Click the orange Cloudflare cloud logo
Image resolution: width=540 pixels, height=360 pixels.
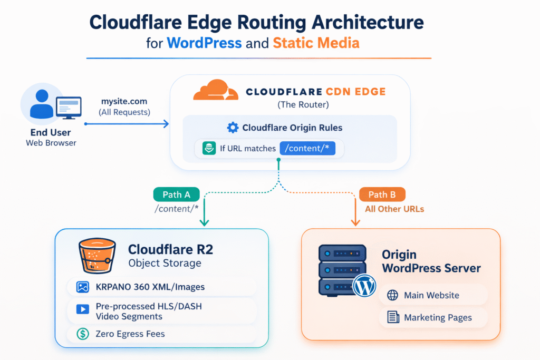point(216,90)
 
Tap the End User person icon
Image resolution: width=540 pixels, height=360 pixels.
point(42,104)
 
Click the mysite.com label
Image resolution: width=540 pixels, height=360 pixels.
point(124,101)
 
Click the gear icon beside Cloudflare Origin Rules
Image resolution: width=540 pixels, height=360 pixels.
point(232,128)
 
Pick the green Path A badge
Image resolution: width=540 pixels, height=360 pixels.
point(176,194)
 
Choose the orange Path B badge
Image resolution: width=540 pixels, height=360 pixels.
point(382,194)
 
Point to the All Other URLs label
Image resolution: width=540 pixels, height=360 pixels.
point(394,209)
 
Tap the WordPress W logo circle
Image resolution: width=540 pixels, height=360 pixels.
point(364,286)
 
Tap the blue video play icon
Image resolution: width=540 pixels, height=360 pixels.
point(82,309)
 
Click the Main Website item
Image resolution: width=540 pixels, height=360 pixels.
point(431,295)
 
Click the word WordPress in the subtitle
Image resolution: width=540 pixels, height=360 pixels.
point(204,42)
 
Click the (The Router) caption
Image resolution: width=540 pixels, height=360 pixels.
point(303,105)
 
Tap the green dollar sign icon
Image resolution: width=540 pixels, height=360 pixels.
point(82,333)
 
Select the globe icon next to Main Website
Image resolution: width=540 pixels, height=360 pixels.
point(393,295)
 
